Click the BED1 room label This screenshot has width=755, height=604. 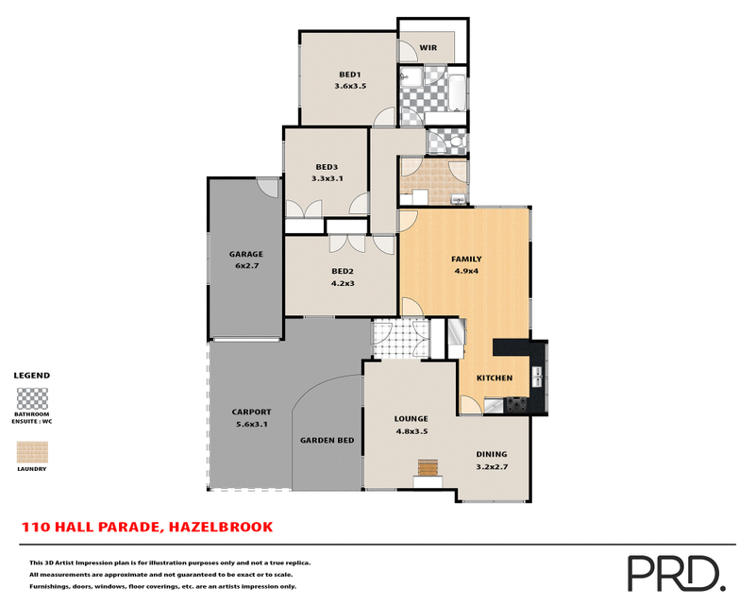coord(349,74)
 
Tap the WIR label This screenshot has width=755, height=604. coord(428,46)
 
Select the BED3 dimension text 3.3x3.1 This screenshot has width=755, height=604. coord(327,178)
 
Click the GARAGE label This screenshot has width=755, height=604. coord(245,254)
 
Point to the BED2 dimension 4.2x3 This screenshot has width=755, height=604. coord(341,282)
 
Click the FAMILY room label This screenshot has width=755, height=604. coord(466,259)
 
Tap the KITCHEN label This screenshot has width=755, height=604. coord(494,377)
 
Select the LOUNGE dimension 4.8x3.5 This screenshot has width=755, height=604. coord(411,431)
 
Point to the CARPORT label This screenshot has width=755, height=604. coord(251,411)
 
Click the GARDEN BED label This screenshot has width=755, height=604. coord(327,440)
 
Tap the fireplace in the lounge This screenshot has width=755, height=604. coord(429,468)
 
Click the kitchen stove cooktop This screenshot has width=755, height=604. coord(517,404)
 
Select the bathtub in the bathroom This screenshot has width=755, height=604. coord(456,93)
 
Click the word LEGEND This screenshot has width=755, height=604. coord(32,375)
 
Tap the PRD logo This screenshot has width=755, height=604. coord(676,572)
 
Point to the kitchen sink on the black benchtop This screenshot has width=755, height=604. coord(537,377)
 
